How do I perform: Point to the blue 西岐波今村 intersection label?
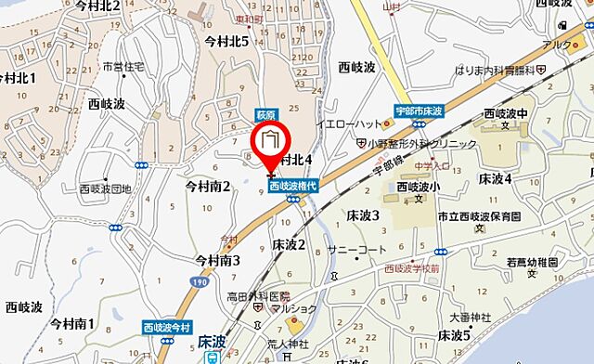point(167,328)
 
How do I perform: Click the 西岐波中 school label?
point(507,114)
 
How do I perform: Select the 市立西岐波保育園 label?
point(505,216)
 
